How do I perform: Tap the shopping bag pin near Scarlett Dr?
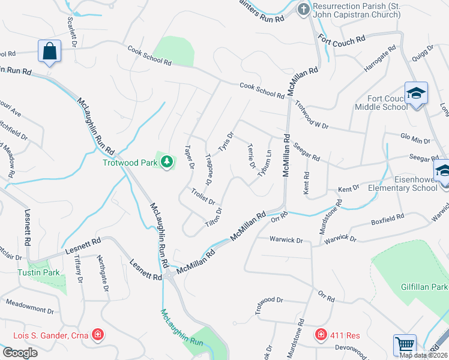point(49,52)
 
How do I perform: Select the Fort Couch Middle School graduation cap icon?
point(415,94)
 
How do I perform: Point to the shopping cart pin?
point(404,346)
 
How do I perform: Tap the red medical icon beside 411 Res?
point(321,334)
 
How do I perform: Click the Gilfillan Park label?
point(424,287)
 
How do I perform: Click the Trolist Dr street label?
point(203,196)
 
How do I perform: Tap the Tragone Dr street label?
point(209,168)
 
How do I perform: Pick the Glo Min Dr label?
point(415,140)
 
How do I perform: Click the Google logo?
point(19,353)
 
